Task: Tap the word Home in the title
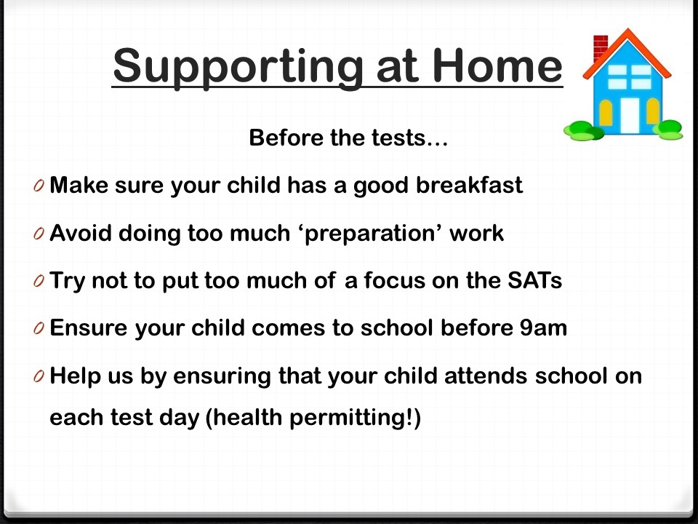pyautogui.click(x=497, y=65)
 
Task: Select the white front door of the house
pyautogui.click(x=630, y=116)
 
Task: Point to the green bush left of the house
pyautogui.click(x=583, y=131)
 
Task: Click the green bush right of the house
pyautogui.click(x=668, y=130)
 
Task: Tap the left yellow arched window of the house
pyautogui.click(x=606, y=113)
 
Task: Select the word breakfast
pyautogui.click(x=469, y=185)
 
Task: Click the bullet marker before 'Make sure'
pyautogui.click(x=39, y=186)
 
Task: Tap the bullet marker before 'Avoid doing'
pyautogui.click(x=39, y=234)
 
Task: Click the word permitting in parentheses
pyautogui.click(x=348, y=418)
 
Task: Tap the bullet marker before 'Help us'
pyautogui.click(x=39, y=376)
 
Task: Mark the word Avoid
pyautogui.click(x=81, y=234)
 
